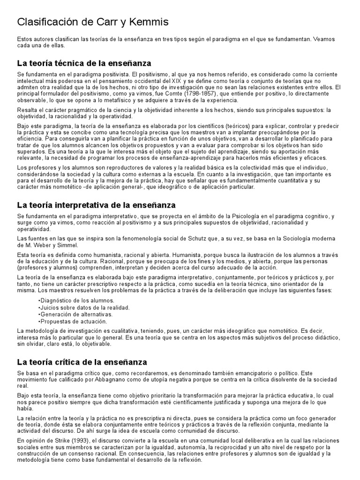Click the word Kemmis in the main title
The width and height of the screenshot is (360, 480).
coord(148,22)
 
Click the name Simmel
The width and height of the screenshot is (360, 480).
coord(69,245)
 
